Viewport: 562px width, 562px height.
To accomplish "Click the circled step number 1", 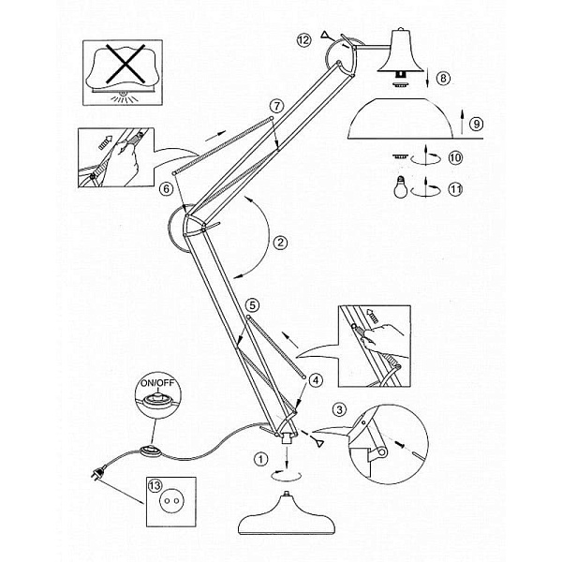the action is [260, 459].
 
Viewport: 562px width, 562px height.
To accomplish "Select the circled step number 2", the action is [280, 243].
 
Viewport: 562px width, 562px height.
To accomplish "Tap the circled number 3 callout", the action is [339, 409].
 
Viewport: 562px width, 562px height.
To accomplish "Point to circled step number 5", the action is [253, 305].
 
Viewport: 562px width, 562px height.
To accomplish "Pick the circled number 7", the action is [276, 106].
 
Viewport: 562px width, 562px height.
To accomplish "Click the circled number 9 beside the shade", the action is [477, 124].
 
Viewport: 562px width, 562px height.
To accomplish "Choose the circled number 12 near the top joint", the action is [303, 39].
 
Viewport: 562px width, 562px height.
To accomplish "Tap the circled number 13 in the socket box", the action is [155, 486].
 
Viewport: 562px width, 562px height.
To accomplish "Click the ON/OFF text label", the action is [157, 383].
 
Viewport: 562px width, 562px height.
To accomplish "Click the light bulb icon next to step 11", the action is [401, 187].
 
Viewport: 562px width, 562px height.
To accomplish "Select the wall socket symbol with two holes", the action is [170, 500].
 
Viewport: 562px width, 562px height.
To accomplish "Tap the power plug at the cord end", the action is [99, 472].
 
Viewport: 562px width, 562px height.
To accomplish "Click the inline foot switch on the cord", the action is [150, 450].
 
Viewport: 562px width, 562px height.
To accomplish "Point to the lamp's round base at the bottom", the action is [287, 514].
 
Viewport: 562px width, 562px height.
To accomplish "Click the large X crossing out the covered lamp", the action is [126, 64].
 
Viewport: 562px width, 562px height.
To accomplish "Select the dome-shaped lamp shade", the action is [400, 118].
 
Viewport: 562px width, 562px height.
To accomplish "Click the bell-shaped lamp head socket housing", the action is [402, 52].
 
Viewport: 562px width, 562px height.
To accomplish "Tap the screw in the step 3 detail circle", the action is [400, 444].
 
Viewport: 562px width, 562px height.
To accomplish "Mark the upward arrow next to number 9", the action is [462, 122].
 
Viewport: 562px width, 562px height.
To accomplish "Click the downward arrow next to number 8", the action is [428, 76].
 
